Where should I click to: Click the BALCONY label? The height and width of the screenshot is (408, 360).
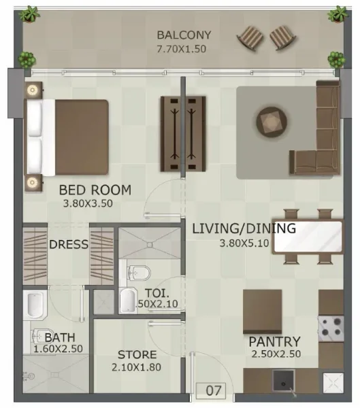tap(184, 35)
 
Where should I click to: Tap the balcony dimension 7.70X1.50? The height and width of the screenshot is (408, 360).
tap(181, 49)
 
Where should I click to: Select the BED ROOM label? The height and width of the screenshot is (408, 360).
tap(95, 190)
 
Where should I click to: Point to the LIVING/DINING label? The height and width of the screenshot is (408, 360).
tap(244, 228)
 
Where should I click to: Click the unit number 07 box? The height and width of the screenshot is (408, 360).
tap(213, 391)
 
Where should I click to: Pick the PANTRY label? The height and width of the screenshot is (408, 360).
tap(274, 341)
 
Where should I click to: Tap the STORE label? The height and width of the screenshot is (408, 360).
tap(137, 354)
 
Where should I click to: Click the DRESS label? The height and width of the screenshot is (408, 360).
tap(68, 244)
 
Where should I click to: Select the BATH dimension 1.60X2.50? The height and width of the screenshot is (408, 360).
tap(58, 349)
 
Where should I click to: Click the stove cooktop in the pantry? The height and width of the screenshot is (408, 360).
tap(331, 327)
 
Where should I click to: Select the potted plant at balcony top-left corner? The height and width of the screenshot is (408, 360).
tap(29, 13)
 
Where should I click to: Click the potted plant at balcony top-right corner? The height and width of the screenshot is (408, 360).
tap(338, 14)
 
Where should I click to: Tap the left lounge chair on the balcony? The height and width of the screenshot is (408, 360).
tap(250, 38)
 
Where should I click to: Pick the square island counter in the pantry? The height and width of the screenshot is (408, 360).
tap(262, 310)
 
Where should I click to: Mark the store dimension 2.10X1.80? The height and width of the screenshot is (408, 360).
tap(137, 368)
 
